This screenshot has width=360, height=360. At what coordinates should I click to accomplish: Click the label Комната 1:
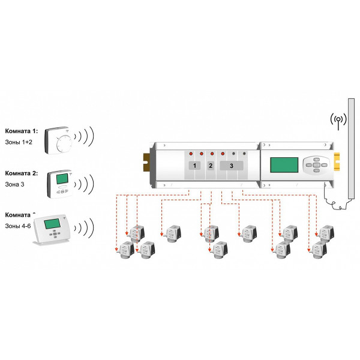click(x=21, y=130)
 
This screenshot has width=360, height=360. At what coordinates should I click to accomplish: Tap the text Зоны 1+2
click(x=19, y=141)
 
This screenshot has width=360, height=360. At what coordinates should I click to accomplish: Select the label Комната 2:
click(x=21, y=173)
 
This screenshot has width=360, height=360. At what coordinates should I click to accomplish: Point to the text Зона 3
click(x=15, y=184)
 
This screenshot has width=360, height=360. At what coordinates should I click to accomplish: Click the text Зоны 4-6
click(x=18, y=226)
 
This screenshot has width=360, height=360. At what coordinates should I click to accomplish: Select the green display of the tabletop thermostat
click(x=52, y=224)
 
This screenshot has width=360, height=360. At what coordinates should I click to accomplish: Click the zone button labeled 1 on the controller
click(x=194, y=164)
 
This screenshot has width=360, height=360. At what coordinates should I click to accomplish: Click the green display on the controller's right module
click(x=284, y=165)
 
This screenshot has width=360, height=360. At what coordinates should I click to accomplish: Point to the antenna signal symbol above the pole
click(x=338, y=118)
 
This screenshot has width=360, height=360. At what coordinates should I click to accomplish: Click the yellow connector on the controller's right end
click(x=337, y=162)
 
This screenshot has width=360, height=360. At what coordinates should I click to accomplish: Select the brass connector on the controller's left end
click(x=146, y=161)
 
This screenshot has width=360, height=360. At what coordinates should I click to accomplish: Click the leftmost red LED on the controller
click(x=190, y=153)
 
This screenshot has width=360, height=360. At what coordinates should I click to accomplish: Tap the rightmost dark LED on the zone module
click(x=245, y=153)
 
